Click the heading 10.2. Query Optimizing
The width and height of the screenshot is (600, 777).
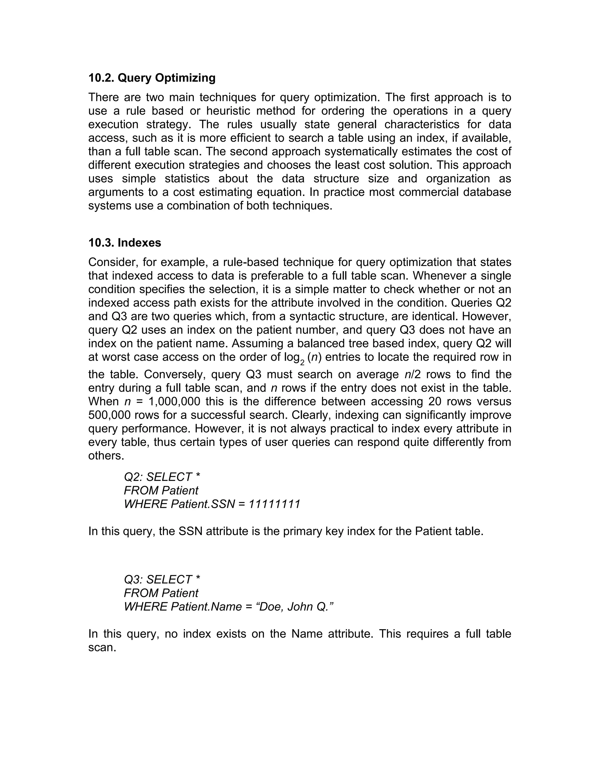pos(152,78)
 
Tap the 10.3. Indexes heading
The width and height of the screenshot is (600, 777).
pos(125,243)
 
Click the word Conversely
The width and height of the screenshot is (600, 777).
pos(174,374)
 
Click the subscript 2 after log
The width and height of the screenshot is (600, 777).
pos(302,362)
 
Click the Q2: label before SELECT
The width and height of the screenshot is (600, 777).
pos(133,477)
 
